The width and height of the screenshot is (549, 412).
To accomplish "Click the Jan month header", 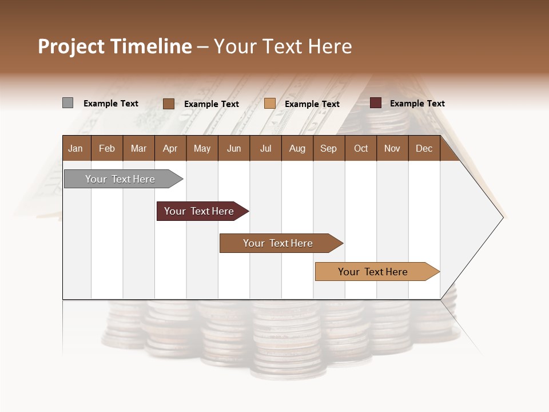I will tap(75, 148).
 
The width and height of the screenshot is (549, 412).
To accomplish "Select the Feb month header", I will tap(107, 148).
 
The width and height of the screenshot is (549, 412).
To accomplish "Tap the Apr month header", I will tap(170, 148).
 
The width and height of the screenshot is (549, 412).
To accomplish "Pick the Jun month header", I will tap(234, 148).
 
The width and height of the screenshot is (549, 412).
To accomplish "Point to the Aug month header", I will tap(297, 148).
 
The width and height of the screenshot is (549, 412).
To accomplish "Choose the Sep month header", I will tap(328, 148).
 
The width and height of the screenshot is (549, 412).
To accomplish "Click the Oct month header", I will tap(361, 148).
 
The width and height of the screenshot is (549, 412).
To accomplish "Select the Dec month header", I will tap(424, 148).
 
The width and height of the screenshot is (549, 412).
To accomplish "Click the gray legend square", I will tap(67, 103).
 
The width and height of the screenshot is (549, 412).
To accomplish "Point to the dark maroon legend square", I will tap(375, 103).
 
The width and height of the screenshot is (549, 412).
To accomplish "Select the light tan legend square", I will tap(270, 104).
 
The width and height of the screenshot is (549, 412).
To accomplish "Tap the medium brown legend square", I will tap(168, 104).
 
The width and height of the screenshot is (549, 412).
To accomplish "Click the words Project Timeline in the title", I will tap(115, 46).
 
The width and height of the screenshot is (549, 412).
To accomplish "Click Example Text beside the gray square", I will tap(111, 104).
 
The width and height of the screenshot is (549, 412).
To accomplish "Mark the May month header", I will tap(202, 148).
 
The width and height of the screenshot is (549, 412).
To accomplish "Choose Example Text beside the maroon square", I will tap(417, 104).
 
